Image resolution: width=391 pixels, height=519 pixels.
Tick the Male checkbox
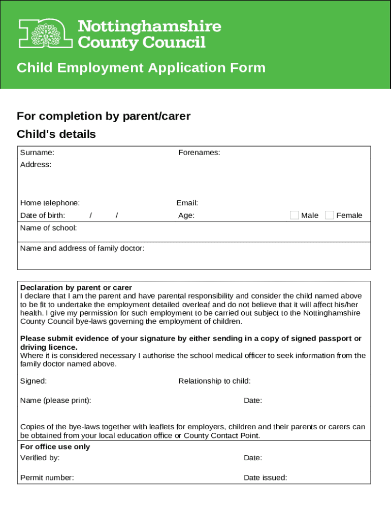click(x=295, y=215)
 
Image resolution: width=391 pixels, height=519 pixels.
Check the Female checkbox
click(x=330, y=215)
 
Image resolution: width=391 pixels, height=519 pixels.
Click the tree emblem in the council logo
click(x=46, y=34)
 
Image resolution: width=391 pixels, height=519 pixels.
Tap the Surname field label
click(x=37, y=153)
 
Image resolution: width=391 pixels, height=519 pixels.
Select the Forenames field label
click(x=199, y=153)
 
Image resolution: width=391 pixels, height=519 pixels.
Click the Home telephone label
click(x=50, y=203)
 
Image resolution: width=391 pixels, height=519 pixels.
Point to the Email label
click(x=187, y=203)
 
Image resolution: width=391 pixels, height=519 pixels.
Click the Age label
click(x=186, y=215)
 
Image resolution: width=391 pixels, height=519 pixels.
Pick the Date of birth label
click(x=43, y=215)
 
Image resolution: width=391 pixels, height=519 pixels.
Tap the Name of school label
click(x=49, y=228)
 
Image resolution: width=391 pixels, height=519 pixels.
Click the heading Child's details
click(x=56, y=134)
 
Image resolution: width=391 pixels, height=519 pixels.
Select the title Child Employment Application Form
click(x=141, y=68)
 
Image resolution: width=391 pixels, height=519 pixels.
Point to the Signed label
click(x=34, y=381)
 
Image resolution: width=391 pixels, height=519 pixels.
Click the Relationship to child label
click(x=214, y=381)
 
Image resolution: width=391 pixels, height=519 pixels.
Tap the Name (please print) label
click(x=56, y=401)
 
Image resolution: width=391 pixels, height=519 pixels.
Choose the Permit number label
click(x=47, y=477)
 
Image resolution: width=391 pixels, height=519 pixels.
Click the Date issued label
click(x=265, y=477)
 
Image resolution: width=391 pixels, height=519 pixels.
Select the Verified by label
click(x=40, y=458)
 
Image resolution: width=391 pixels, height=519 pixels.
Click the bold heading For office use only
click(x=55, y=447)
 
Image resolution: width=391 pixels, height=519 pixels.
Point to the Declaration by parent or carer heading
click(x=76, y=287)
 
